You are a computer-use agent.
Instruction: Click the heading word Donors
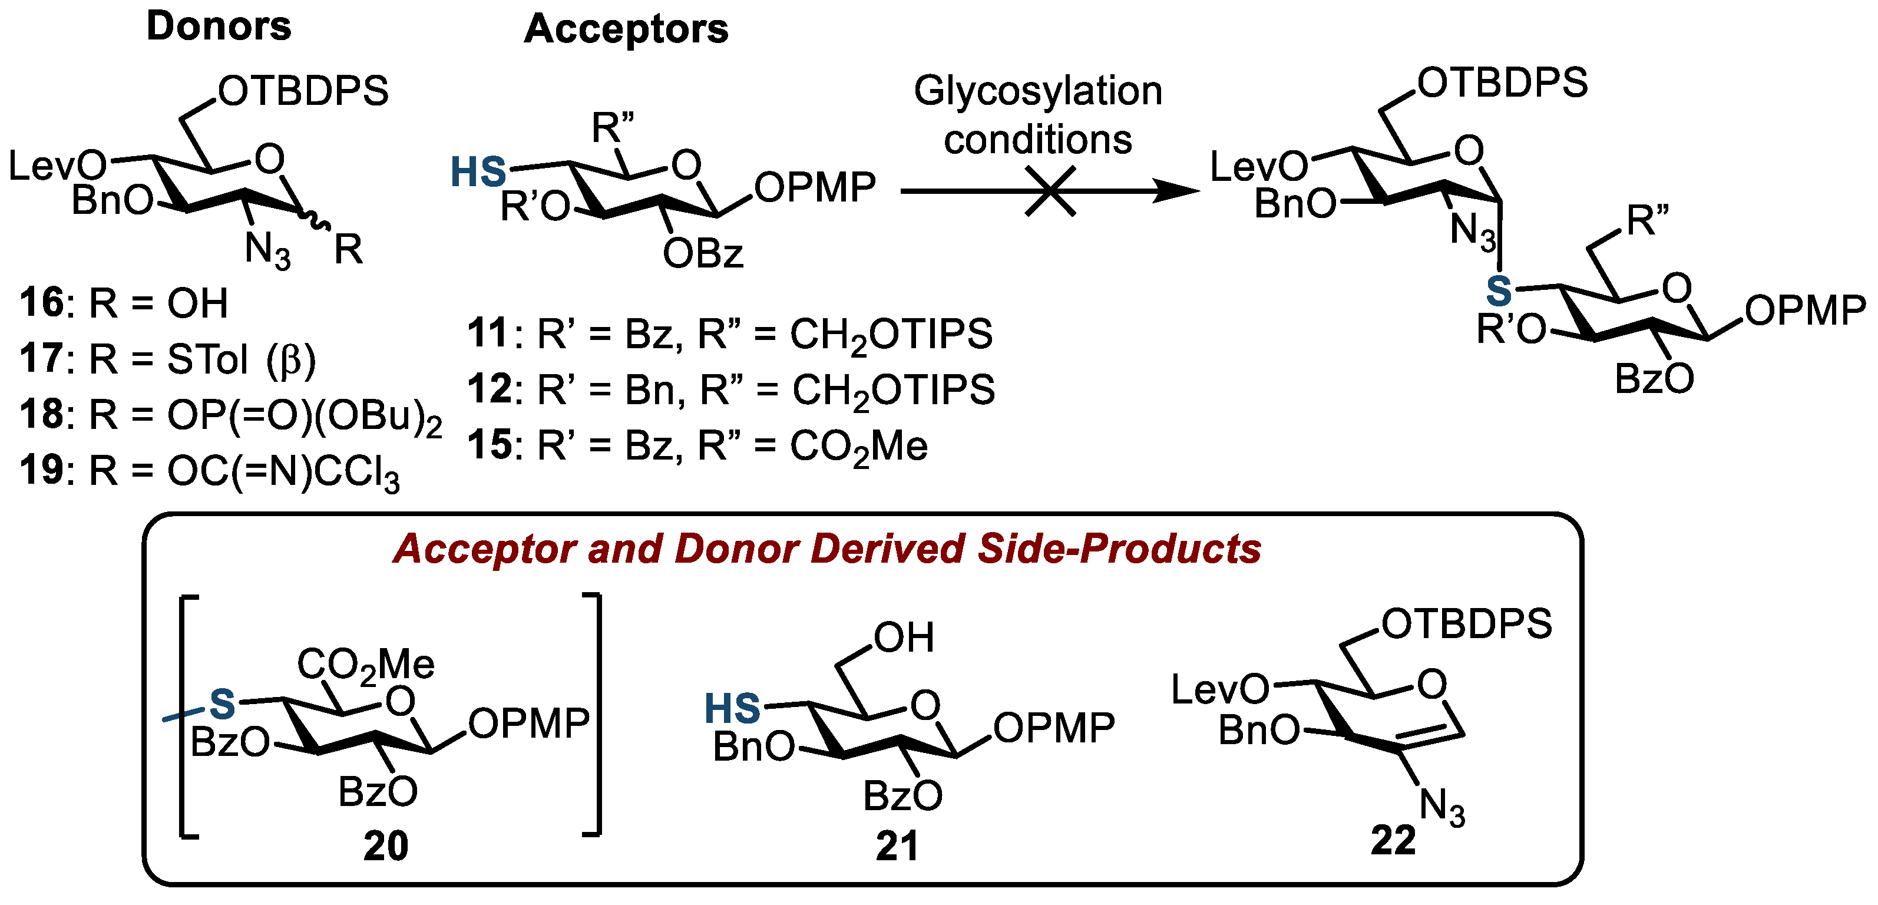click(x=219, y=27)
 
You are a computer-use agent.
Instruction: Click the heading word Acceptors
click(x=626, y=29)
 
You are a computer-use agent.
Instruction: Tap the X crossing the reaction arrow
click(x=1050, y=191)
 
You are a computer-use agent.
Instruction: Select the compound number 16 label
click(x=42, y=303)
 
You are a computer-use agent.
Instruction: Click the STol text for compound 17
click(x=208, y=359)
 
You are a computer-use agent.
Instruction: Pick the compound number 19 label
click(x=42, y=470)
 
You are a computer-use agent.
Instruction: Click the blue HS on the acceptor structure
click(x=478, y=173)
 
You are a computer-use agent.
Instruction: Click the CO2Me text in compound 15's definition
click(x=859, y=446)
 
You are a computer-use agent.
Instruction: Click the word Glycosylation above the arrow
click(x=1037, y=92)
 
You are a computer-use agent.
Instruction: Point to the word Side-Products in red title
click(x=1119, y=549)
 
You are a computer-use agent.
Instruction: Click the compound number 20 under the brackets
click(x=386, y=846)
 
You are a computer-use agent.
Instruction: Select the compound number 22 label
click(x=1393, y=840)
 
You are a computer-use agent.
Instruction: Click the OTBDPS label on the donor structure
click(x=303, y=92)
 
